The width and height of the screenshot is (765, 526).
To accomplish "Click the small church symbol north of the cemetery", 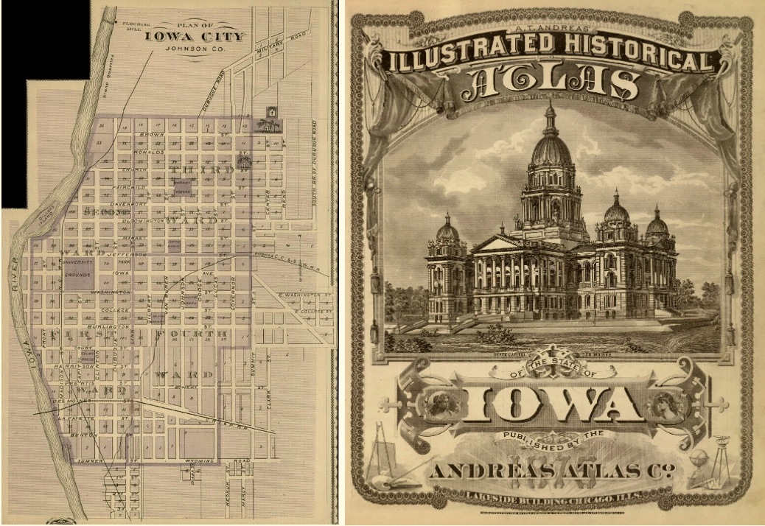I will tap(271, 112).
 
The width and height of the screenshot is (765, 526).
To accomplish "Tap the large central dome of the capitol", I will tap(551, 148).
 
